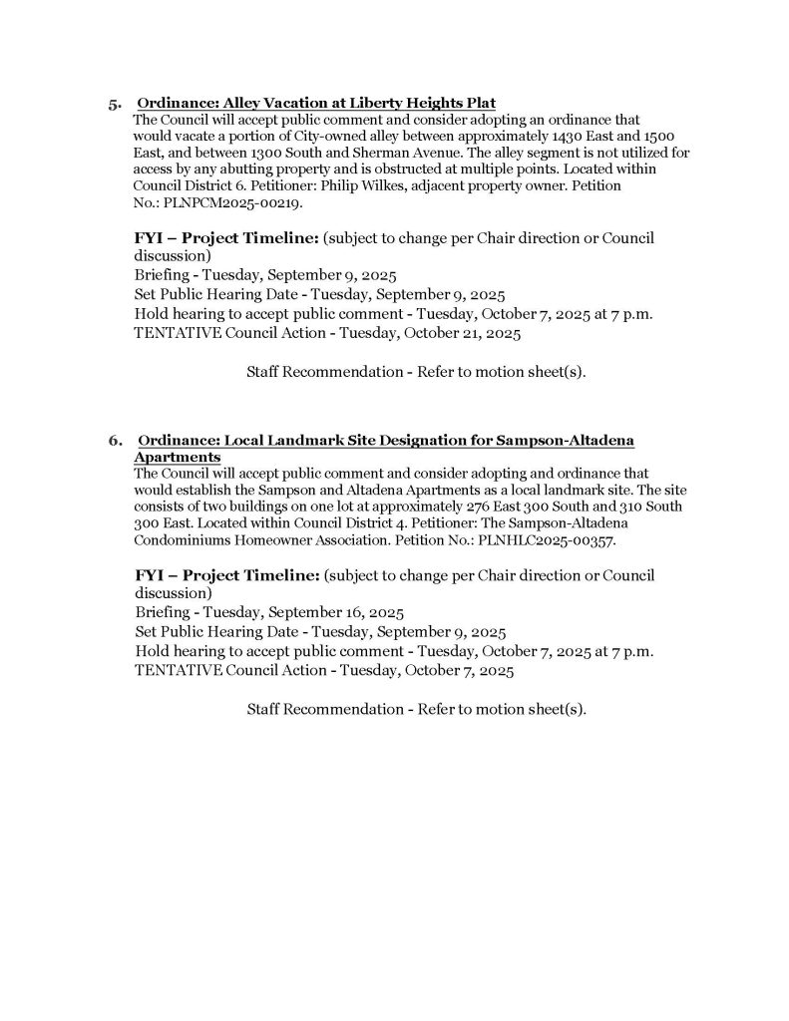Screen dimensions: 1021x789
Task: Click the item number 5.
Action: coord(115,104)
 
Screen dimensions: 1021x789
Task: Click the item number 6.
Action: coord(115,440)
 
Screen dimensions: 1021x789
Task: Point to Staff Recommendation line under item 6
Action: coord(415,710)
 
